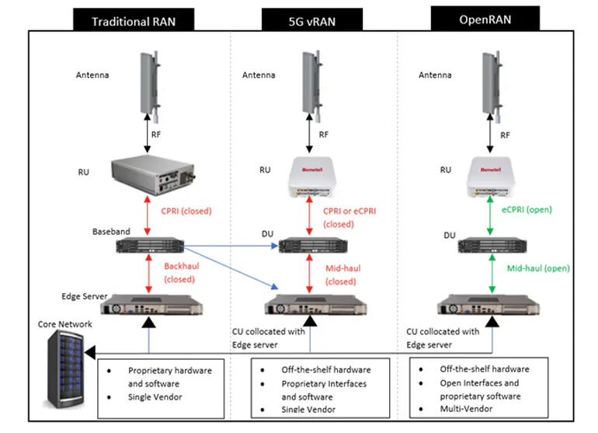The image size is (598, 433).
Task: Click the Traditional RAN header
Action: coord(134,19)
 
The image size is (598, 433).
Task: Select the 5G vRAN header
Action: coord(312,19)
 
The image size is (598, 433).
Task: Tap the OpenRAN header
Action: coord(485,18)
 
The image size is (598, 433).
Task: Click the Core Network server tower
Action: coord(64,369)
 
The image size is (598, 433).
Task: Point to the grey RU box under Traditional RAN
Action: coord(153,176)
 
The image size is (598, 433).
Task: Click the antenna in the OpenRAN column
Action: coord(492,86)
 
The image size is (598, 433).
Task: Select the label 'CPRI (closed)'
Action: coord(186,211)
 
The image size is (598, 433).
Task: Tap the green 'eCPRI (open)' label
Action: coord(527,209)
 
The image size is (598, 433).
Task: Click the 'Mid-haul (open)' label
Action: coord(538,268)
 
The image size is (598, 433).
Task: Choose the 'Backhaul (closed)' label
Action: coord(182,273)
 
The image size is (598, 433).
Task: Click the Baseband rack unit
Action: coord(150,245)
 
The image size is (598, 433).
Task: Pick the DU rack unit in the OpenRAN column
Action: coord(492,246)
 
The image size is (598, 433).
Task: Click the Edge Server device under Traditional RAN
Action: coord(151,305)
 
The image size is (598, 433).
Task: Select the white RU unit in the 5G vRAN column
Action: coord(312,176)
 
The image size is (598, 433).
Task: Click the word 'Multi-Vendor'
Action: coord(466,409)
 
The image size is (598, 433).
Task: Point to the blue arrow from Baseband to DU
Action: coord(231,246)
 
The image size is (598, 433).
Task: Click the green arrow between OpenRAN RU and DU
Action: coord(490,215)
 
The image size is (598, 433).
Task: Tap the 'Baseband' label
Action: coord(111,232)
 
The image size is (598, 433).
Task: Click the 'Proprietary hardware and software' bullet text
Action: coord(170,377)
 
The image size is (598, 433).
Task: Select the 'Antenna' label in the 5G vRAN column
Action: coord(259,75)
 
